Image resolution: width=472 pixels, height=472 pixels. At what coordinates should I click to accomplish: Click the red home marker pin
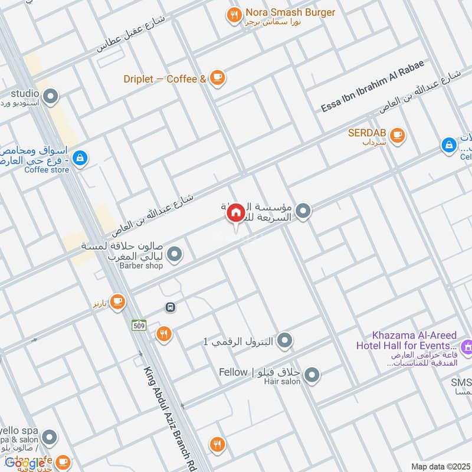236,213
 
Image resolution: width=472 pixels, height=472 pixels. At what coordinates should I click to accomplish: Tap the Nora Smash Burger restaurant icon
234,16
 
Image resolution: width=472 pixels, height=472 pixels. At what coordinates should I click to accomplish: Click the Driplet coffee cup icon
217,78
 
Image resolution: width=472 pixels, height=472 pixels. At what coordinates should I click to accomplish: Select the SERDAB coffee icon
398,135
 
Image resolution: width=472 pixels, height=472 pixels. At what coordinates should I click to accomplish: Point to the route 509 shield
139,325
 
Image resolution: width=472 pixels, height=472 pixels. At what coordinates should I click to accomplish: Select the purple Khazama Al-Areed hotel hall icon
467,347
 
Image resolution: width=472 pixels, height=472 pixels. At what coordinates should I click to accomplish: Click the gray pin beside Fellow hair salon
313,374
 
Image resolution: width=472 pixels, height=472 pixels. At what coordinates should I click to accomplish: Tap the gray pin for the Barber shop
174,255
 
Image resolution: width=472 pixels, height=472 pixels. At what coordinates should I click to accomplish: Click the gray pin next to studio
51,96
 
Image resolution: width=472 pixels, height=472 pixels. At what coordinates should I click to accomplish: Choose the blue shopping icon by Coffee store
81,158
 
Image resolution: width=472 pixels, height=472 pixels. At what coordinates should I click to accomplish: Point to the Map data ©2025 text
440,466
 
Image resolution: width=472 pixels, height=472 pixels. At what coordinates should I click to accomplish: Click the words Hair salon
283,382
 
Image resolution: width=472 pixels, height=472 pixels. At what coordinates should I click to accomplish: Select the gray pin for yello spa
50,437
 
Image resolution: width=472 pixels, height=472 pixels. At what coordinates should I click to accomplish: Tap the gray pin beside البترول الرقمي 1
285,340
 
